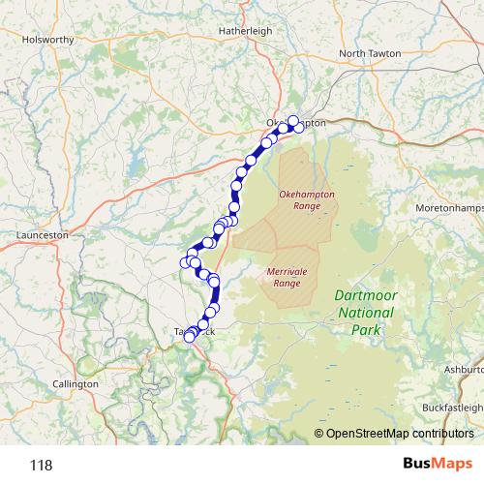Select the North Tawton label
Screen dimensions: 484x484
tap(369, 52)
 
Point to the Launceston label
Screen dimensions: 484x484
tap(43, 234)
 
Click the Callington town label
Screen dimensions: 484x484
tap(76, 384)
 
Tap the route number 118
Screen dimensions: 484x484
tap(40, 465)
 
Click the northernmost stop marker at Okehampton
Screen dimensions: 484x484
tap(293, 121)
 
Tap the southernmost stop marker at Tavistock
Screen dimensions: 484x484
tap(190, 337)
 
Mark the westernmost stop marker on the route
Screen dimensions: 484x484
tap(185, 262)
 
